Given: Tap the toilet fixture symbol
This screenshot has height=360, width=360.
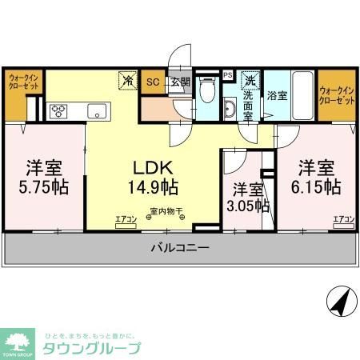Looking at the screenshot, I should [208, 94].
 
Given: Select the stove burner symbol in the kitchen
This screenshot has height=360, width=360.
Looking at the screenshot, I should [58, 111].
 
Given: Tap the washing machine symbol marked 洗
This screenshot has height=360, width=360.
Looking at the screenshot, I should [250, 81].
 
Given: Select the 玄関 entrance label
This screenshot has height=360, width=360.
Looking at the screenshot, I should [179, 82].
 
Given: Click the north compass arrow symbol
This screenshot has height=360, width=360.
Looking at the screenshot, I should [339, 302].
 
